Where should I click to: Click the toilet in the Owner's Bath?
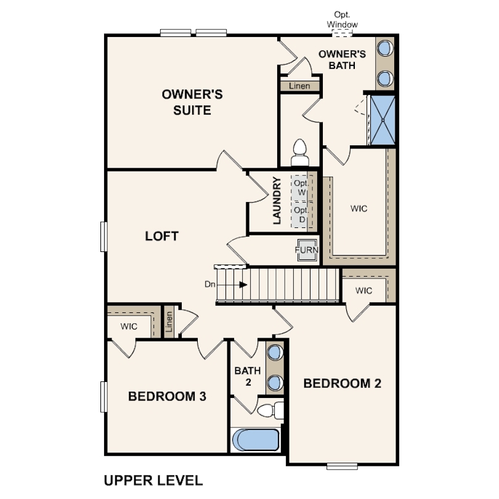point(300,152)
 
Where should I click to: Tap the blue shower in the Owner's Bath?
point(383,120)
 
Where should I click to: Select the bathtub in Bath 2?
point(256,440)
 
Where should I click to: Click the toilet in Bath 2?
point(270,410)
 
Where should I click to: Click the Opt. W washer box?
point(300,188)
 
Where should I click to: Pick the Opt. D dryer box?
point(300,214)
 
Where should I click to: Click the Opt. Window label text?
point(342,20)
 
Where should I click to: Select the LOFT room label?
point(161,236)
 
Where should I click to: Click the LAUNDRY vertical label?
point(277,200)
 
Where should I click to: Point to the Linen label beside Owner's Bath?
point(299,86)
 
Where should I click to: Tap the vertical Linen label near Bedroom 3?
point(169,322)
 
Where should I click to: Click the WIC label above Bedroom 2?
point(363,291)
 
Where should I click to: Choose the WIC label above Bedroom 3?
point(129,326)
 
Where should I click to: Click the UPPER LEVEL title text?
point(153,481)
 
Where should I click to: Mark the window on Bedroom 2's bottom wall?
point(342,466)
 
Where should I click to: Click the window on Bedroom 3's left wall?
point(103,397)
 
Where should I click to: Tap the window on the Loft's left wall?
point(103,237)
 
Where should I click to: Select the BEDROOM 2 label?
point(342,383)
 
